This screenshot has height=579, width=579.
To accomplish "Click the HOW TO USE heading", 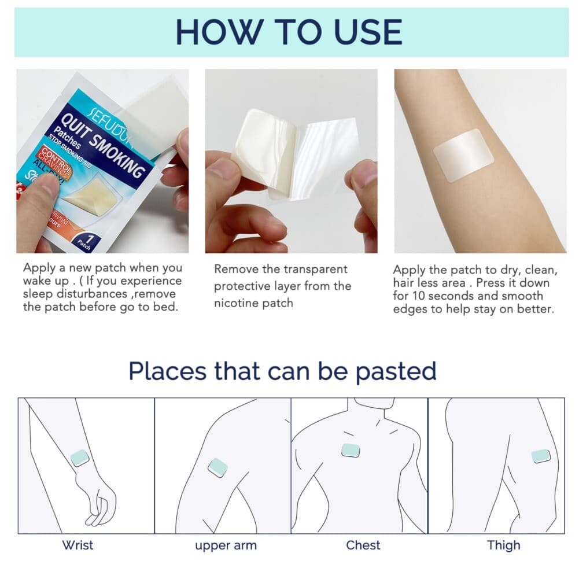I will coord(289,32).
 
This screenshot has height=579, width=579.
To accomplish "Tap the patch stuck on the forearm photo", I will coord(463,155).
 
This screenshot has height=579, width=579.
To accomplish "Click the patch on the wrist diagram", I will coord(79,458).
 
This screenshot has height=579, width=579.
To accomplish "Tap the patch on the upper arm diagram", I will coord(217,467).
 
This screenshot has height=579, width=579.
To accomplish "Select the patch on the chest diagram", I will coord(351,450).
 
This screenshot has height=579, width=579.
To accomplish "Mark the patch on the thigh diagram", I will coord(540,456).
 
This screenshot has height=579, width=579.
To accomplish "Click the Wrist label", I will coord(78,545).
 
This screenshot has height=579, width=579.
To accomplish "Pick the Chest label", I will coord(363,545).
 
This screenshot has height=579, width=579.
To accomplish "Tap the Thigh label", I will coord(503,545).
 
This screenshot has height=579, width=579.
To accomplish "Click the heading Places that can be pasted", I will coord(282,371).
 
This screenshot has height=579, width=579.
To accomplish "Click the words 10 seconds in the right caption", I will coord(445,296).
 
